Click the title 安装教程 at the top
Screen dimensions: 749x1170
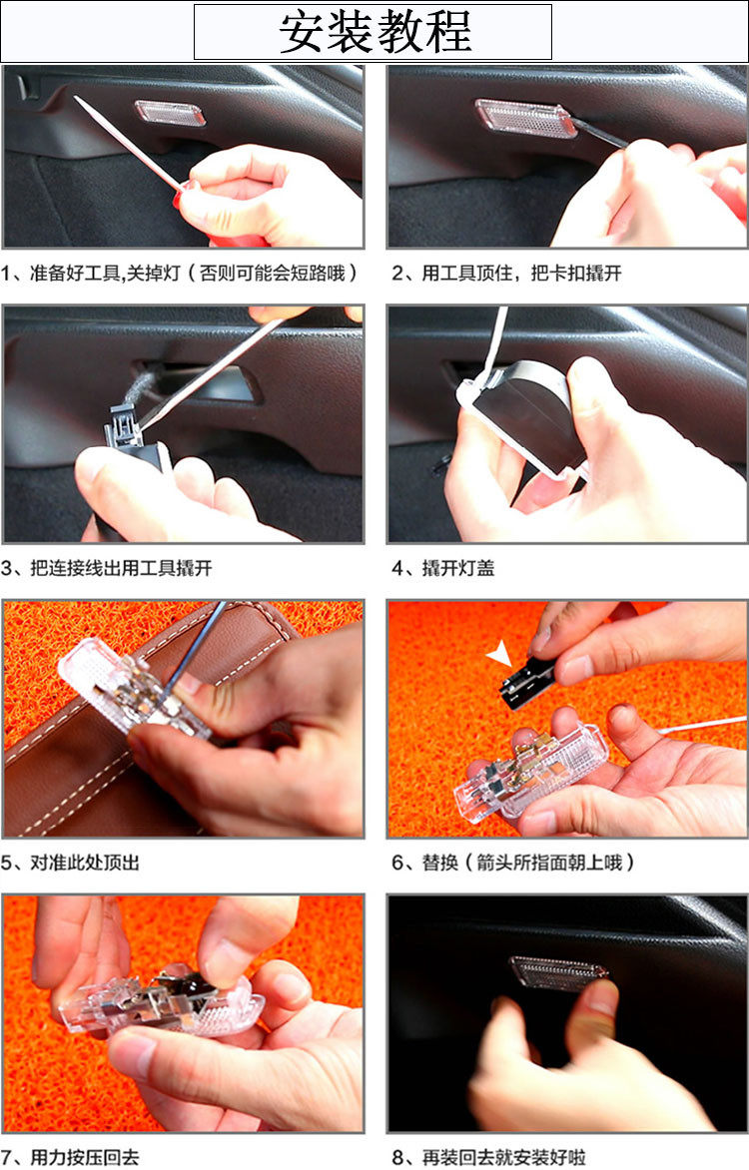pyautogui.click(x=374, y=31)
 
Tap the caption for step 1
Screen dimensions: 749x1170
pyautogui.click(x=179, y=273)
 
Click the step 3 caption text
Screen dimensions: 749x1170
pyautogui.click(x=107, y=568)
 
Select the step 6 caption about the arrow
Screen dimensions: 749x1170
pyautogui.click(x=513, y=863)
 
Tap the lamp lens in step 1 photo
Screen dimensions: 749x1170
pyautogui.click(x=170, y=114)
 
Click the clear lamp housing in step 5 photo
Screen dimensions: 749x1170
pyautogui.click(x=127, y=690)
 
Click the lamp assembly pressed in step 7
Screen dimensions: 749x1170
pyautogui.click(x=161, y=1001)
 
